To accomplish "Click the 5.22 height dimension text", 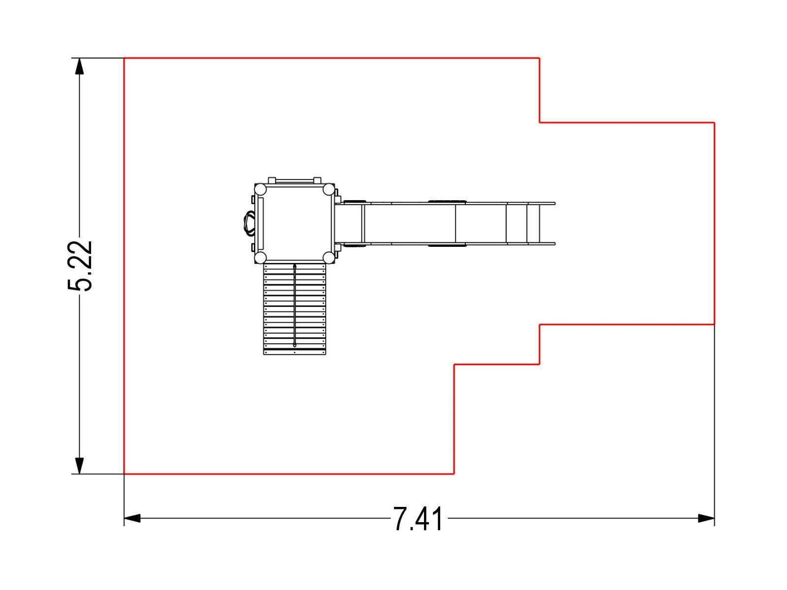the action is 80,265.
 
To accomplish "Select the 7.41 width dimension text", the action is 418,518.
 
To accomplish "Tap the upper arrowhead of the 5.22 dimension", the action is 79,66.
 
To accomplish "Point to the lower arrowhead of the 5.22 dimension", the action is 79,466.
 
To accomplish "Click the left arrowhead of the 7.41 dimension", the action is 132,518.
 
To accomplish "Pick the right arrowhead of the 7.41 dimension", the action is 706,518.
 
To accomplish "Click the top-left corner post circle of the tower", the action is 261,189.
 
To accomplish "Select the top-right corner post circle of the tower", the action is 329,189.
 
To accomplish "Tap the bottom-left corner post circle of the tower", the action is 261,257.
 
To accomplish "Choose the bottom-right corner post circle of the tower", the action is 329,257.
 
